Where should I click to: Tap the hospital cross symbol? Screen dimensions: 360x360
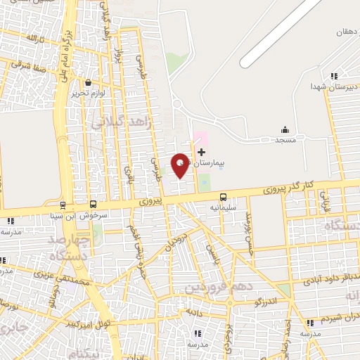202,152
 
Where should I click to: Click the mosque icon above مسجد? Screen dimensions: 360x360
285,129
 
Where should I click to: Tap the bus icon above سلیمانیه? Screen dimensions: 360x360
224,197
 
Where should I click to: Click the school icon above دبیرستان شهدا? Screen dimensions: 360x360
335,75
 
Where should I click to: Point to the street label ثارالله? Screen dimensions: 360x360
34,38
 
